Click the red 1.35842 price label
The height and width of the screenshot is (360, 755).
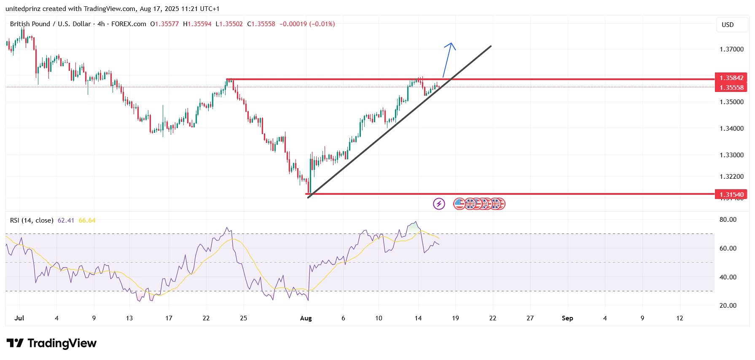point(731,78)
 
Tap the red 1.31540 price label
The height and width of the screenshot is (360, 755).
point(731,194)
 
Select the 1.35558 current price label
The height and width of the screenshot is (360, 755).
point(731,88)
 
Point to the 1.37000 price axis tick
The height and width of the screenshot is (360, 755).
point(731,49)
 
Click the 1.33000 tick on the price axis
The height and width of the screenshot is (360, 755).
point(731,155)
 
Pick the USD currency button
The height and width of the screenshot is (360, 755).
point(728,25)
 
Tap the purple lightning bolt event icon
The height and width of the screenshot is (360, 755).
point(439,204)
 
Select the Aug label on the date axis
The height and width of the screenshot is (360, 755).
point(306,318)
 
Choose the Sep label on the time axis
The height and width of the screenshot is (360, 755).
point(567,318)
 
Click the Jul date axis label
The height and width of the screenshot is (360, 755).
point(19,318)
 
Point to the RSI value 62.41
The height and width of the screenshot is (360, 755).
point(66,220)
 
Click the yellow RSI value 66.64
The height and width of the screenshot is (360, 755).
point(87,220)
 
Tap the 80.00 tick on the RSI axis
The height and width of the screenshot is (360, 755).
point(728,220)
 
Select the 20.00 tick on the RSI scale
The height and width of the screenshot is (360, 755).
point(728,306)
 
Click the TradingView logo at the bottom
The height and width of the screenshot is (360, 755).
point(51,344)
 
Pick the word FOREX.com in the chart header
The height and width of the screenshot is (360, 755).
point(129,24)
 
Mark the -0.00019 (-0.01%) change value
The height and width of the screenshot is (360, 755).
point(307,24)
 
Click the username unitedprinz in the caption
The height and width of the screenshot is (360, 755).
point(23,9)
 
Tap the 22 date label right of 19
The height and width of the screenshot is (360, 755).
point(492,318)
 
